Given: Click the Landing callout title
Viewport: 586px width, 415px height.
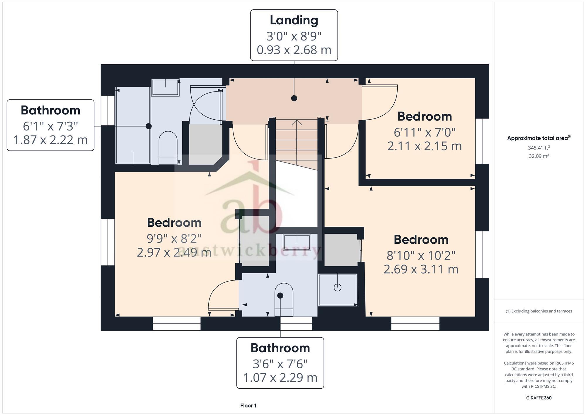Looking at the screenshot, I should click(294, 20).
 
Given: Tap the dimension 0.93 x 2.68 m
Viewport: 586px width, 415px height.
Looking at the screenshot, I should click(294, 50).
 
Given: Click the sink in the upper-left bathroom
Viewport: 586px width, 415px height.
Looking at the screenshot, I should click(165, 87).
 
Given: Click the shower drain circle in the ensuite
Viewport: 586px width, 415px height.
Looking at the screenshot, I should click(338, 287).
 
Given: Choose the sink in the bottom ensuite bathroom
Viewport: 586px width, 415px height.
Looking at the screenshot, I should click(297, 242).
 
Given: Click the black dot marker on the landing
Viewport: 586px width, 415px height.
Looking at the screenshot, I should click(294, 98).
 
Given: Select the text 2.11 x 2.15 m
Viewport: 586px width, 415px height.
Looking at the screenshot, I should click(424, 146).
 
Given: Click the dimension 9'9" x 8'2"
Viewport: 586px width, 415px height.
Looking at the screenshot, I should click(174, 238).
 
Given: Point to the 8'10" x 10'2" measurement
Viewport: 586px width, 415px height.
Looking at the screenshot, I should click(421, 255).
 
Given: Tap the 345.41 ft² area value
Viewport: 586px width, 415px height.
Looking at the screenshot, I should click(539, 148).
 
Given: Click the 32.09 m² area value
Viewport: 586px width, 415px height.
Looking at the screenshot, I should click(539, 156).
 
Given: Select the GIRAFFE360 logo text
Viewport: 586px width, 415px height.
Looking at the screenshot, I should click(539, 398).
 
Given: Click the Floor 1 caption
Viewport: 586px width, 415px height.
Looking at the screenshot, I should click(248, 405).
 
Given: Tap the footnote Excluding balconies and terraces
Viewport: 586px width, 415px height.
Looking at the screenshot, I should click(539, 311).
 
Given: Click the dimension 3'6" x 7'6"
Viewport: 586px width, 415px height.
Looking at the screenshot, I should click(280, 364).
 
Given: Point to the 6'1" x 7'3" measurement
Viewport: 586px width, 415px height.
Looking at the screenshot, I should click(50, 126).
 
